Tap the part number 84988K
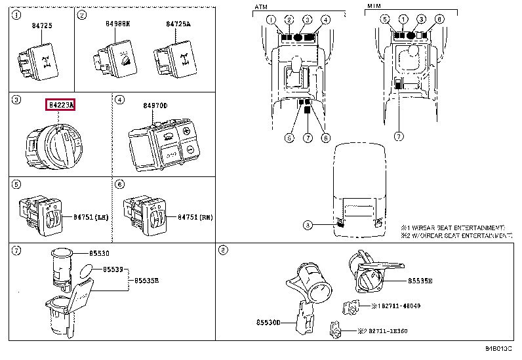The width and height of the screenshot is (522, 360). (118, 24)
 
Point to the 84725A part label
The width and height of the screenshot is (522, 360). (178, 24)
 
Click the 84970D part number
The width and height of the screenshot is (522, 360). (155, 105)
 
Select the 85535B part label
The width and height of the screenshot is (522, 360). (149, 280)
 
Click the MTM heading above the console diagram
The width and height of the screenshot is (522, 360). (374, 7)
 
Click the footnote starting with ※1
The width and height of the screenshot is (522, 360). (453, 226)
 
